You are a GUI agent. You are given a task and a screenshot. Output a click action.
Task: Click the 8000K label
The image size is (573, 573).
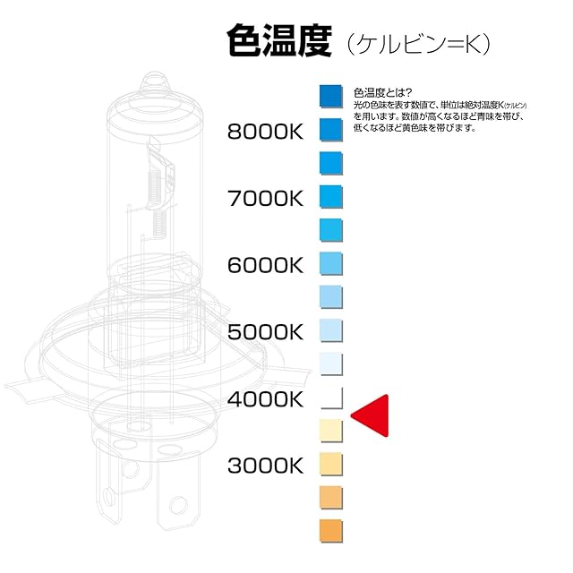266,132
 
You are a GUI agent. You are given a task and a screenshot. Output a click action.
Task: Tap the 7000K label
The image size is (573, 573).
266,198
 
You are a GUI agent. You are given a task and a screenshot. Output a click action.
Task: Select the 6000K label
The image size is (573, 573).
266,265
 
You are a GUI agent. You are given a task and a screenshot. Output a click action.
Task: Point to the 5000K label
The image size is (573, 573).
266,332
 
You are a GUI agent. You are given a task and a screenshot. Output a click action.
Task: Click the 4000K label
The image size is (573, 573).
266,399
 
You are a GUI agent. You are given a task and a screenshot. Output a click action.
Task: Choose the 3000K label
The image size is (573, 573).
266,466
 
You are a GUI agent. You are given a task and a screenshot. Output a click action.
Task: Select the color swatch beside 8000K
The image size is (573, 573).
331,128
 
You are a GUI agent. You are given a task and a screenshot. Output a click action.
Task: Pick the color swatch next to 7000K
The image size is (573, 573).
331,195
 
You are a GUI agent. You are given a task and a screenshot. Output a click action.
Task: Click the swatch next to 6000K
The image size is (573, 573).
331,263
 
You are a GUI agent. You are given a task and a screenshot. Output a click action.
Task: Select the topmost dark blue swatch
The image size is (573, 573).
331,95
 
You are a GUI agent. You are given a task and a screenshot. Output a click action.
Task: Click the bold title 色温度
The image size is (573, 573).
280,42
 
